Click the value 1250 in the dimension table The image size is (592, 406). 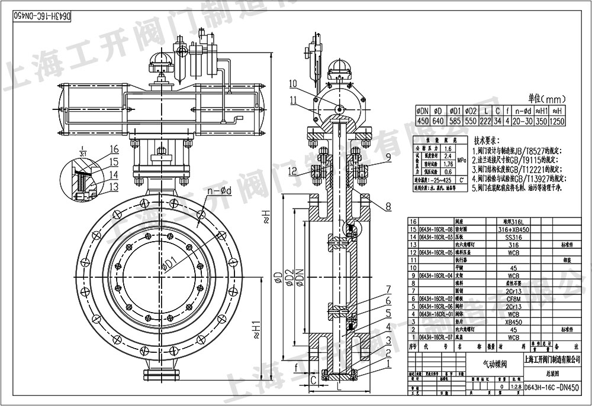[x=556, y=121]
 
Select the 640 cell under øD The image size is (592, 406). [x=438, y=121]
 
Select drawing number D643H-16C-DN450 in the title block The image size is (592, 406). [x=553, y=388]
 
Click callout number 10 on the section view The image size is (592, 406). [x=294, y=83]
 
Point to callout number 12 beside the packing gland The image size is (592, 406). [x=294, y=171]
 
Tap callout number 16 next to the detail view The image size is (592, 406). [x=114, y=149]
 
